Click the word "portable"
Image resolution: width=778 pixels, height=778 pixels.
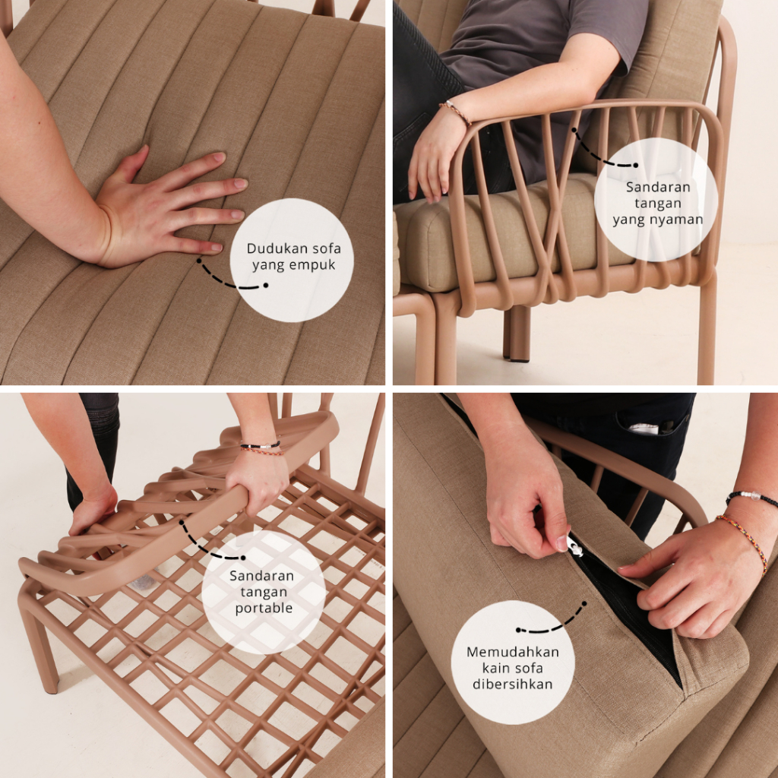click(264, 609)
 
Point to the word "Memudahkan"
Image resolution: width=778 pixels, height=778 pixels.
click(513, 651)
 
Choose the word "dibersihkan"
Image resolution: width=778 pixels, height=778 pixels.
click(513, 685)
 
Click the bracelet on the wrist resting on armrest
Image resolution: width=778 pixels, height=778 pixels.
click(456, 112)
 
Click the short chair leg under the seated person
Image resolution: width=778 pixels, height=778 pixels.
click(517, 333)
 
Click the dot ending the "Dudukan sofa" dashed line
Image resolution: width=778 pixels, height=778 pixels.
click(266, 286)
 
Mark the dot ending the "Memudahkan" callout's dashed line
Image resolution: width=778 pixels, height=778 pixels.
click(518, 630)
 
